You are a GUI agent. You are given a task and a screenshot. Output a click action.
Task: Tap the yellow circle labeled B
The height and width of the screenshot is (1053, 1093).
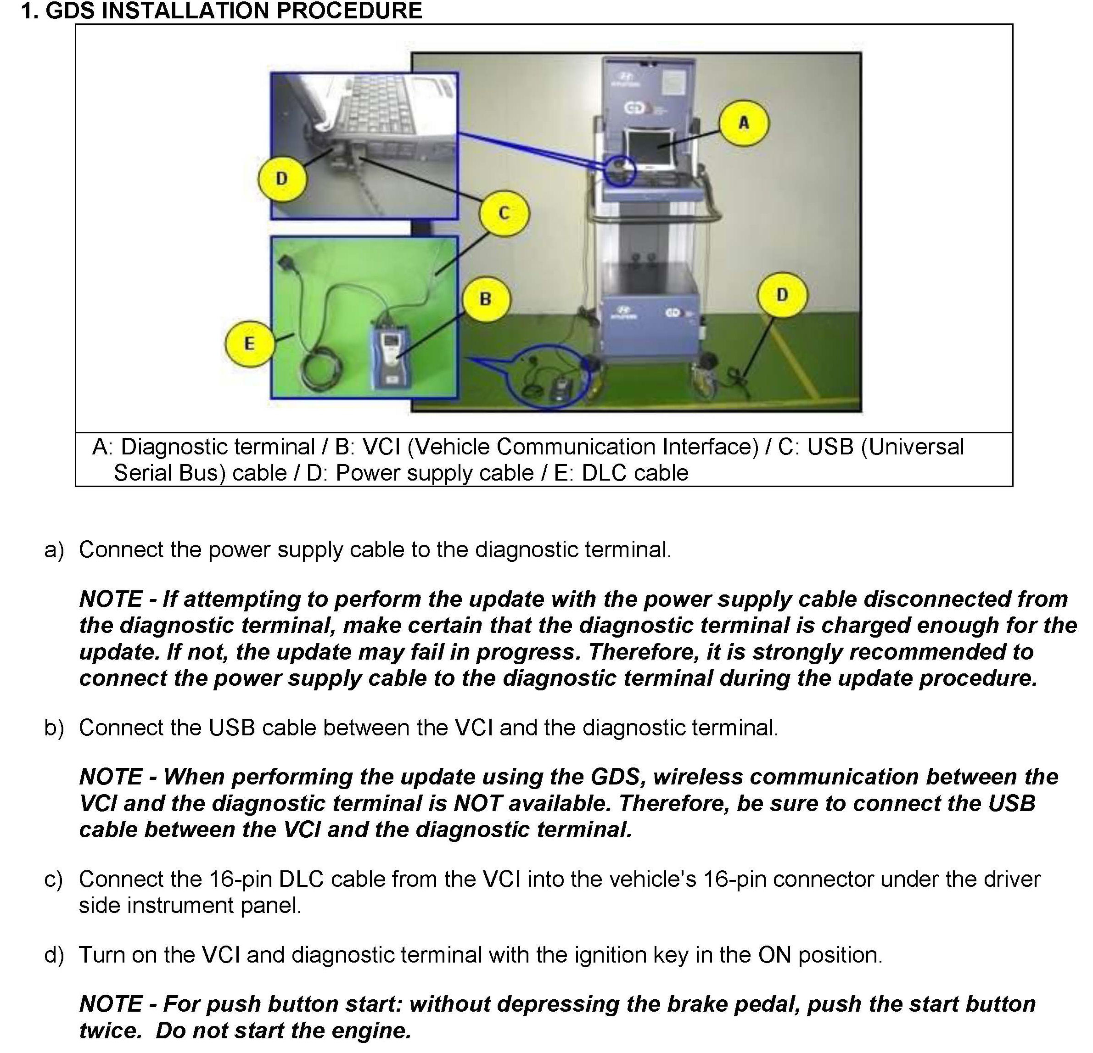486,299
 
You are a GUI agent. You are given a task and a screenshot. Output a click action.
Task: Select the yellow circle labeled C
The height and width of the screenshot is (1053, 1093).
504,213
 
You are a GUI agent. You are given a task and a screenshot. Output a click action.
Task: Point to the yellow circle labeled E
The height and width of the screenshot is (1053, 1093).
249,343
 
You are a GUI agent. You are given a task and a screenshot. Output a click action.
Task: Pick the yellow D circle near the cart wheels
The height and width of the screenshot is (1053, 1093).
782,295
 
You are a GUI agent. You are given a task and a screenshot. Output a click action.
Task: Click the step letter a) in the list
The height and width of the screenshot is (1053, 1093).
54,550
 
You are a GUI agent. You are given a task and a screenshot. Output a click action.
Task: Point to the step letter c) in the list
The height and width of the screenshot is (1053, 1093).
54,879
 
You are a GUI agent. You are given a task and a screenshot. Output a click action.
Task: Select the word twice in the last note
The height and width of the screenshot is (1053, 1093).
110,1031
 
